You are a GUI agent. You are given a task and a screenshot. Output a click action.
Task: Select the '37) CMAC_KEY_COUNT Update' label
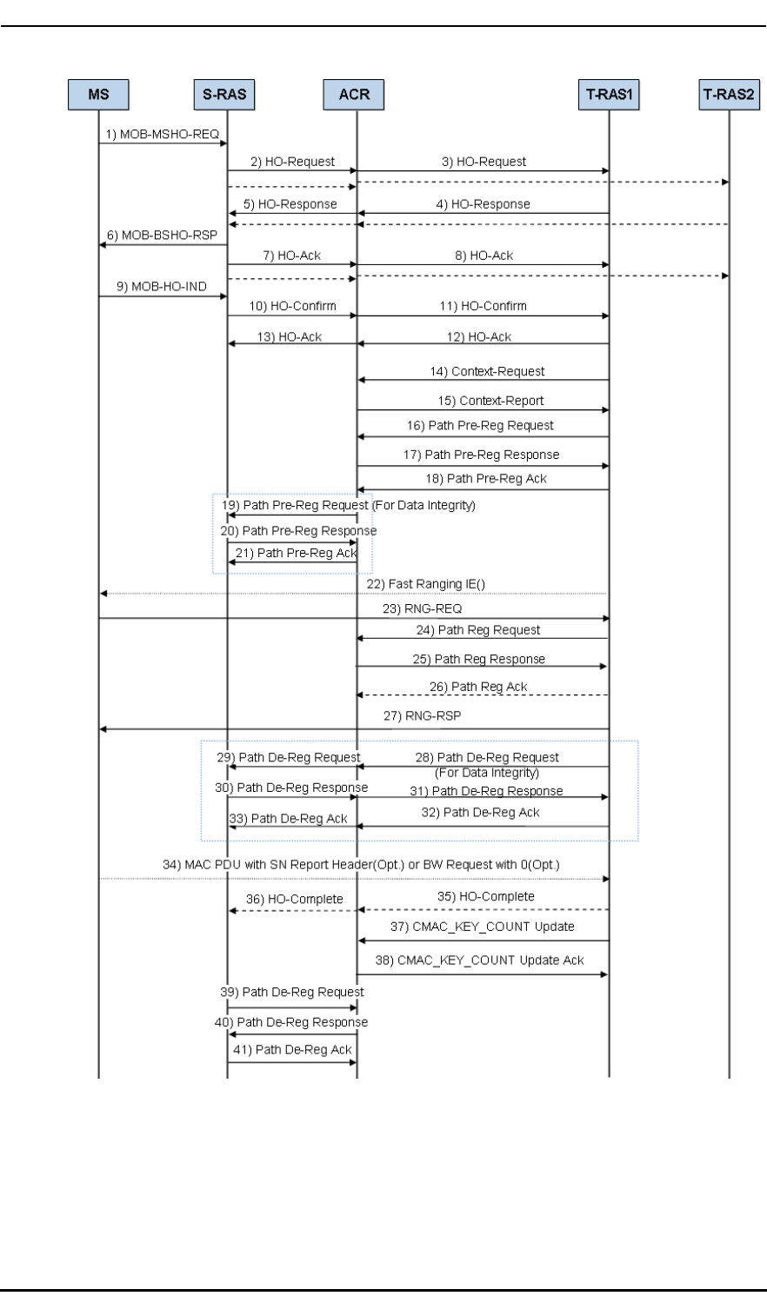coord(482,927)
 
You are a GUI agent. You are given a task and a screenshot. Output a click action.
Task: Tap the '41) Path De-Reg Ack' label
coord(292,1050)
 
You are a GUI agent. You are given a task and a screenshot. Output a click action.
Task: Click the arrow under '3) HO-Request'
coord(483,171)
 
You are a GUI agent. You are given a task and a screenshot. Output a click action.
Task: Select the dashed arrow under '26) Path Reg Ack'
coord(483,695)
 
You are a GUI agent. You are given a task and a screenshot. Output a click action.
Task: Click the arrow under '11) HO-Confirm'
coord(483,316)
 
